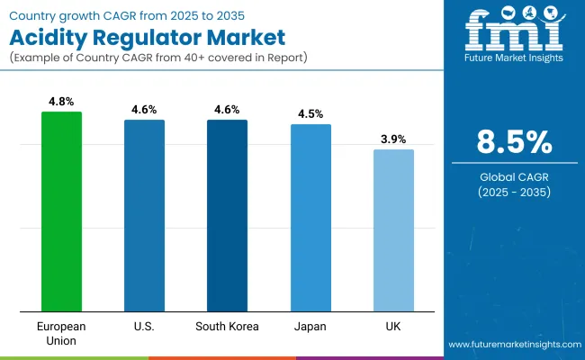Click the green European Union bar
61,211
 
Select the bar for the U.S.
144,216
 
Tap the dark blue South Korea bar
227,216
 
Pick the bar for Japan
310,218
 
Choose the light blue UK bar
393,230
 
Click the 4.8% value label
61,102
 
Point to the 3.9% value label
393,139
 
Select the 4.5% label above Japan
310,114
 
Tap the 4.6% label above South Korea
227,110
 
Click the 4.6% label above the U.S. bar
144,110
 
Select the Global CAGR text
513,177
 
